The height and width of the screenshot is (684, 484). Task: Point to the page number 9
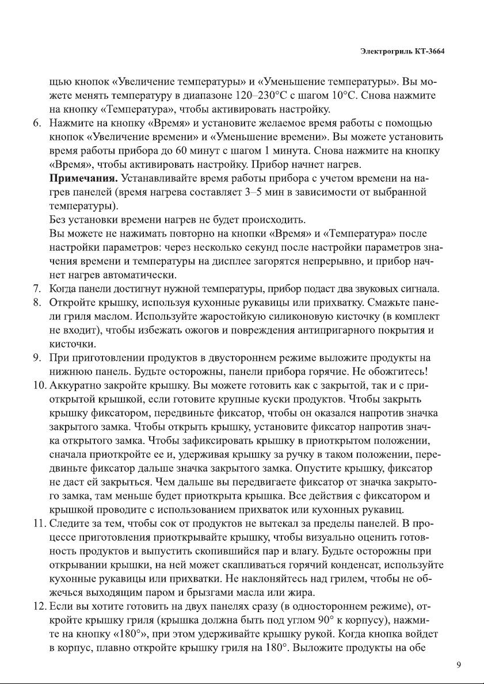coord(459,666)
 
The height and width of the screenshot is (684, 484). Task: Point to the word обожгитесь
coord(390,370)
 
